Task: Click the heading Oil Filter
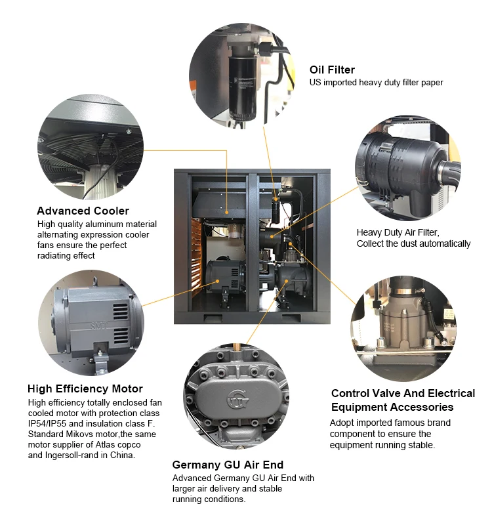tap(332, 70)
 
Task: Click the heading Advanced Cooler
tap(83, 211)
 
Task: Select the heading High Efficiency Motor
tap(85, 388)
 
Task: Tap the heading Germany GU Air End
tap(228, 465)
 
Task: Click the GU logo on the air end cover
tap(237, 399)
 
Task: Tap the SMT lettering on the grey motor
tap(100, 325)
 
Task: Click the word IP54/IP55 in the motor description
tap(47, 423)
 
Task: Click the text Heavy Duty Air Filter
tap(398, 232)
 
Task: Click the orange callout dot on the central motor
tap(218, 282)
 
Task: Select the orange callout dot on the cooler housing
tap(226, 212)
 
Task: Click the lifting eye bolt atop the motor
tap(96, 281)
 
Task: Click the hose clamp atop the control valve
tap(408, 291)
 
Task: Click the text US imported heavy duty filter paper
tap(376, 83)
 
